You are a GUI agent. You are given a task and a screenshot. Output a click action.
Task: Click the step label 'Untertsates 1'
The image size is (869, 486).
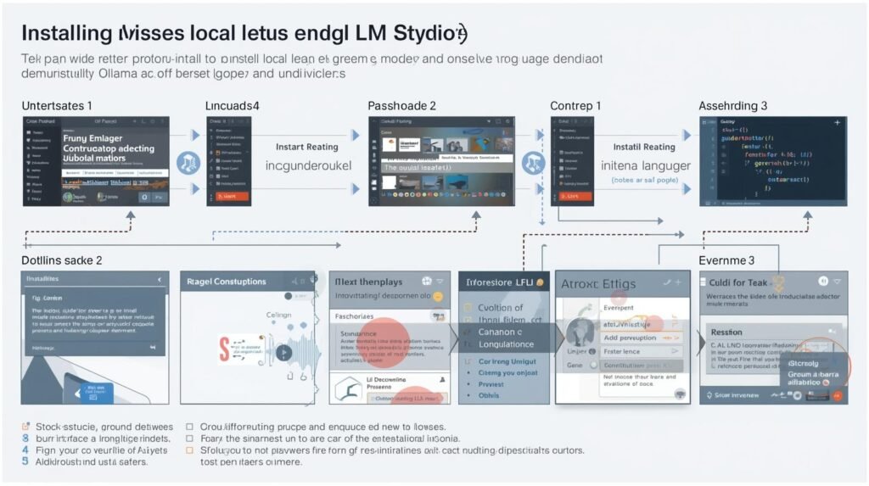click(58, 106)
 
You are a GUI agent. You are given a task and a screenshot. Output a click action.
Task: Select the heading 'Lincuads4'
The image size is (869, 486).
click(232, 106)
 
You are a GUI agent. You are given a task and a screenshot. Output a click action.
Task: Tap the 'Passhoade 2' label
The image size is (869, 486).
click(401, 106)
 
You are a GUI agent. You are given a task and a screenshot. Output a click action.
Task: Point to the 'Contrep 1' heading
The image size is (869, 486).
click(575, 106)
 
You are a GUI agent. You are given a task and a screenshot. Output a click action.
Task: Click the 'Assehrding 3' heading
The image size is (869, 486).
click(733, 106)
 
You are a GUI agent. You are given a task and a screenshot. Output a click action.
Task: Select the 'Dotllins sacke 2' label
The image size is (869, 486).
click(62, 260)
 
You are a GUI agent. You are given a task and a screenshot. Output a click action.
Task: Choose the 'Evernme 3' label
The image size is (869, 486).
click(726, 260)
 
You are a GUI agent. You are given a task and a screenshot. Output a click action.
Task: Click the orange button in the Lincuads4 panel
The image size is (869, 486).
click(232, 196)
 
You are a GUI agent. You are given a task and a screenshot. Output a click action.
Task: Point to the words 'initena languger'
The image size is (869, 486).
click(646, 165)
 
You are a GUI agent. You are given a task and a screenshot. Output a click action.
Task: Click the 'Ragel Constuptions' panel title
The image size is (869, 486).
click(228, 282)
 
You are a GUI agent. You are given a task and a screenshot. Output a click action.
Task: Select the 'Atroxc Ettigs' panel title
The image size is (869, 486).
click(597, 286)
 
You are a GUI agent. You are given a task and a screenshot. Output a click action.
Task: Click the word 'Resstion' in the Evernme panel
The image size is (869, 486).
click(726, 332)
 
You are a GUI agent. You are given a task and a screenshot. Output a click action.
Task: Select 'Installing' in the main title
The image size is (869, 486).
click(67, 34)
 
